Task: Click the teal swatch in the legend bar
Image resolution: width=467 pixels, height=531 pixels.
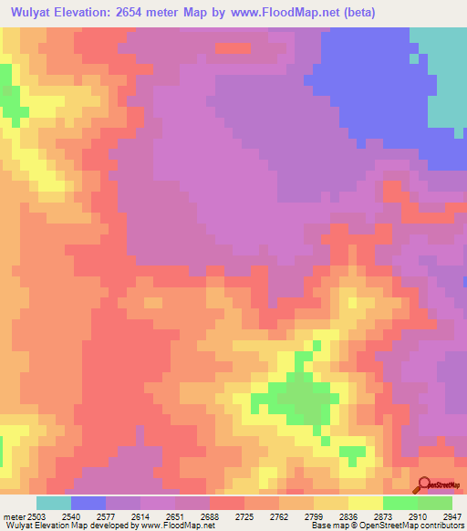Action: (53, 503)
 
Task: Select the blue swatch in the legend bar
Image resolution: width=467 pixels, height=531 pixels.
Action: (88, 503)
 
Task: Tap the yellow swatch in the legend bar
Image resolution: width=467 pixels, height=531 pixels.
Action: (365, 503)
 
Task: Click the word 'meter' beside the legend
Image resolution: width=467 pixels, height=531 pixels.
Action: (13, 516)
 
